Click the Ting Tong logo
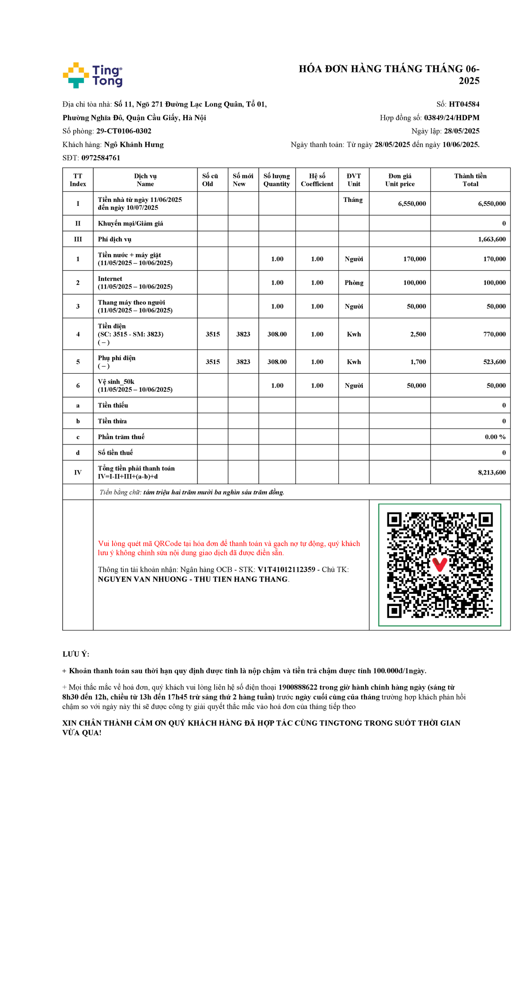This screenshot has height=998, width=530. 93,75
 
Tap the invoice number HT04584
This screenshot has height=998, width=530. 464,104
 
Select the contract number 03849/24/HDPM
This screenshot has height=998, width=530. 451,118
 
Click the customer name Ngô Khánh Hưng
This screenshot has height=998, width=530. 134,144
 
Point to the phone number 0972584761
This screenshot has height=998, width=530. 101,158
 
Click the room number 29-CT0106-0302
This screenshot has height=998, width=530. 124,131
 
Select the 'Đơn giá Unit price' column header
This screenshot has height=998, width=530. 400,180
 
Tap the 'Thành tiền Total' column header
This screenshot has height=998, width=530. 470,180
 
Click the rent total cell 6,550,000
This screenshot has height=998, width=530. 492,204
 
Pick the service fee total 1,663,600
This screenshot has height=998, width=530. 492,239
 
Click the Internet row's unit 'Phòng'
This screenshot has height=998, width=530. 354,283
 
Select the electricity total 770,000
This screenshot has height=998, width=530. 494,334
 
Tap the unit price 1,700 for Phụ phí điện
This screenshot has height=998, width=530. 418,362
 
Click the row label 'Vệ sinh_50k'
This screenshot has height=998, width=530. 116,382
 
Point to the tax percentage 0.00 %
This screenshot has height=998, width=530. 495,437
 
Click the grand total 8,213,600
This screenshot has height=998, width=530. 492,472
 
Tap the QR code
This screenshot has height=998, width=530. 439,565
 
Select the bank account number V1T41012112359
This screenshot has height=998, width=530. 286,569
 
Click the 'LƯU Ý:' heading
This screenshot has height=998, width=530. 76,654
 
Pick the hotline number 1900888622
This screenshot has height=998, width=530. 298,687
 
